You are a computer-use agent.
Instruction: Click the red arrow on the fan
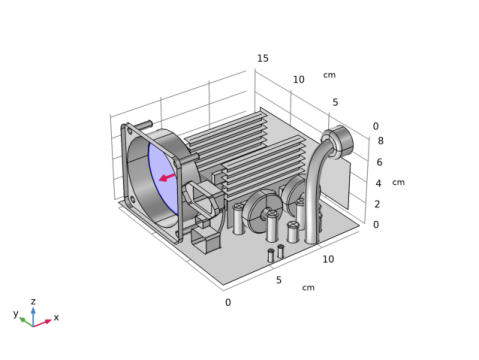167,177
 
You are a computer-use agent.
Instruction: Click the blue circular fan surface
163,178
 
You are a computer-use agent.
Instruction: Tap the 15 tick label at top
263,58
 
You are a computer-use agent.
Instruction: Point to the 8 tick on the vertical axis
380,141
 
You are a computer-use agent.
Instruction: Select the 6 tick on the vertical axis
379,162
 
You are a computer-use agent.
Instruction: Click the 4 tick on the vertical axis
378,183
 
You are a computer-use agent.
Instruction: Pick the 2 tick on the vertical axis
377,204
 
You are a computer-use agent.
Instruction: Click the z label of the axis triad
33,302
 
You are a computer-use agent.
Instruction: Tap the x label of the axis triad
56,317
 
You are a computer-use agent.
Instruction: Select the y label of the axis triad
16,313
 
